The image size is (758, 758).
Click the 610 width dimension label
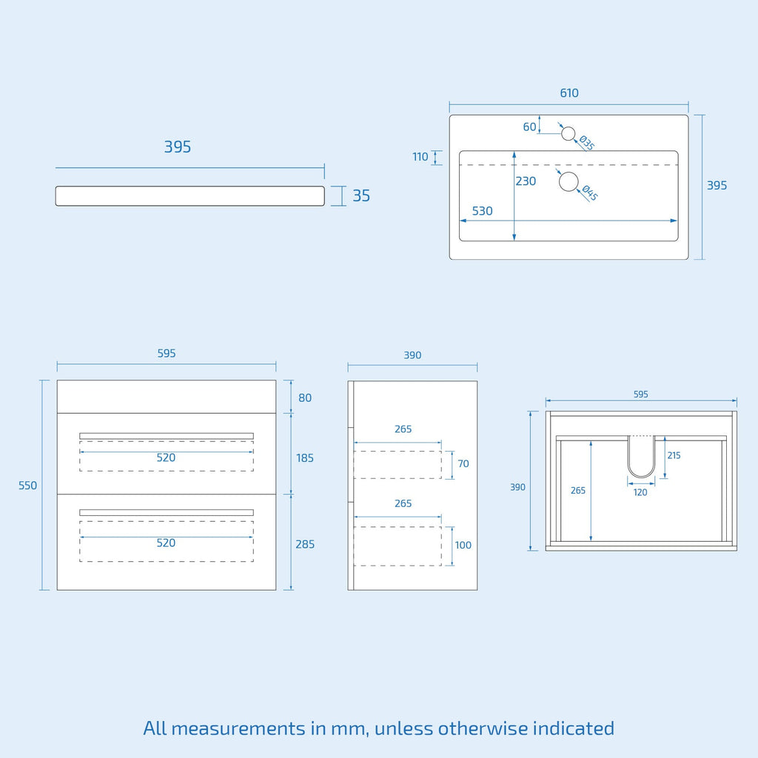tap(569, 93)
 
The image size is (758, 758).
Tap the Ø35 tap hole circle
tap(568, 133)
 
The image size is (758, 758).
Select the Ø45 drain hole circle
tap(568, 181)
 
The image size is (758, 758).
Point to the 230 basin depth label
tap(526, 181)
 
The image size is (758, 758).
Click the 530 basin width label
tap(482, 211)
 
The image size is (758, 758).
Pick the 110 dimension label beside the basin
tap(420, 157)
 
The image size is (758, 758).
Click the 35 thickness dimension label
tap(361, 195)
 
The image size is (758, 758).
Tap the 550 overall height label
tap(27, 486)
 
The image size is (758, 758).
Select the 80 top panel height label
tap(304, 398)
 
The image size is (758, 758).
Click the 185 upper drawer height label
tap(304, 457)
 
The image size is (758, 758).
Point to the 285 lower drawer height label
tap(304, 544)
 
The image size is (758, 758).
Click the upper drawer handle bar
tap(167, 436)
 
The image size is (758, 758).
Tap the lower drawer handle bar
tap(167, 512)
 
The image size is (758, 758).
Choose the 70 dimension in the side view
tap(463, 464)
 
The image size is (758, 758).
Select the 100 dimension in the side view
tap(463, 546)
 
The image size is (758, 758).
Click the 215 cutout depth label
tap(674, 455)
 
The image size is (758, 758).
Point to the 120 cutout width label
tap(640, 492)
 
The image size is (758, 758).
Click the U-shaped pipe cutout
tap(641, 477)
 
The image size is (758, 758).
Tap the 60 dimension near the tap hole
tap(529, 127)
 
